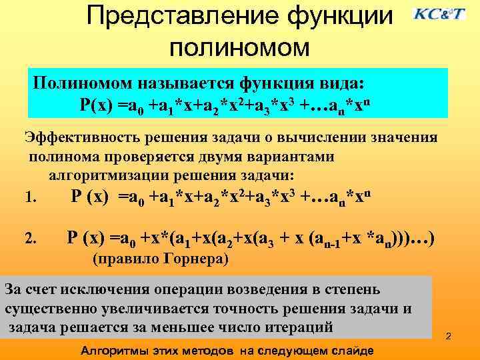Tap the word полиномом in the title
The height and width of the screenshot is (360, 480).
(240, 47)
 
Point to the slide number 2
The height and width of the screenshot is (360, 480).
(449, 336)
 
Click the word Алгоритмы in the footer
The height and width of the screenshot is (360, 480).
(109, 351)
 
